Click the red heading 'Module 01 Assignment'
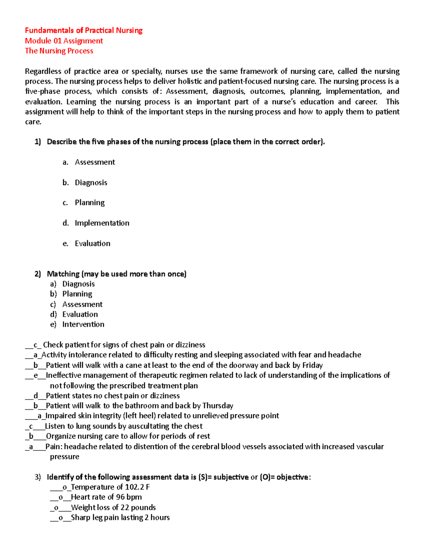(x=64, y=41)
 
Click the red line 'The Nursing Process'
(x=59, y=51)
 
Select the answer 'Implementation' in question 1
(x=102, y=223)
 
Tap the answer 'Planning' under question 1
(x=90, y=203)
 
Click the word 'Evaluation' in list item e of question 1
(x=92, y=244)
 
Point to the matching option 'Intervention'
(x=83, y=325)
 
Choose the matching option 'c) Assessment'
(x=82, y=304)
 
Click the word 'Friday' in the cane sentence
(x=312, y=365)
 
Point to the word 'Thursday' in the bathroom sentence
(x=217, y=406)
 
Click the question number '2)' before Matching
(x=38, y=274)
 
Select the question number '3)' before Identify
(x=38, y=477)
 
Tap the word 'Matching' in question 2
(x=63, y=274)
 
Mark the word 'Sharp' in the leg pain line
(x=80, y=518)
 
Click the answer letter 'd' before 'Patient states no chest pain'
(x=35, y=396)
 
